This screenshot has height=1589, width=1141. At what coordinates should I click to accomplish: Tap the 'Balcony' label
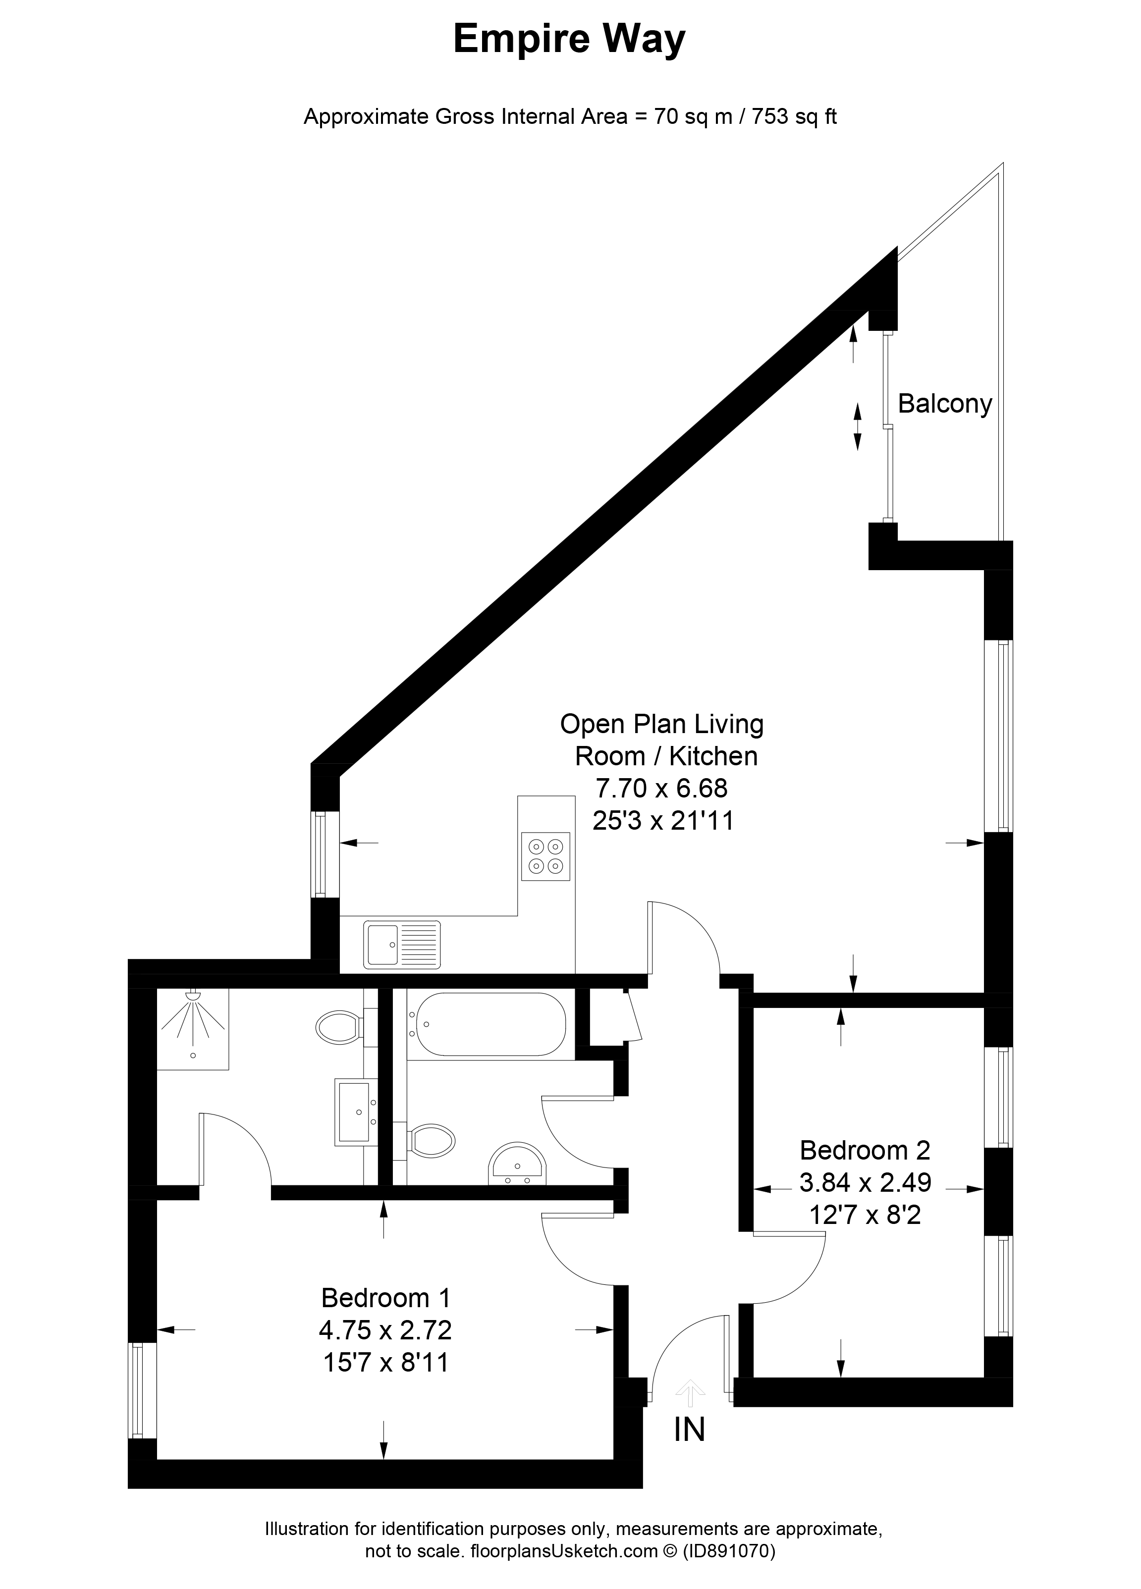coord(945,404)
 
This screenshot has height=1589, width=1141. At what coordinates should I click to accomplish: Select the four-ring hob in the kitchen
coord(546,856)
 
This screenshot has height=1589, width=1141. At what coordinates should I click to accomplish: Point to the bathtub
coord(489,1024)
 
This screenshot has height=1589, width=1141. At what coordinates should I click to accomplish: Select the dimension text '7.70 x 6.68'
coord(661,788)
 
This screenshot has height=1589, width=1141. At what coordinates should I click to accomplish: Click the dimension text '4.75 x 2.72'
coord(385,1329)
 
